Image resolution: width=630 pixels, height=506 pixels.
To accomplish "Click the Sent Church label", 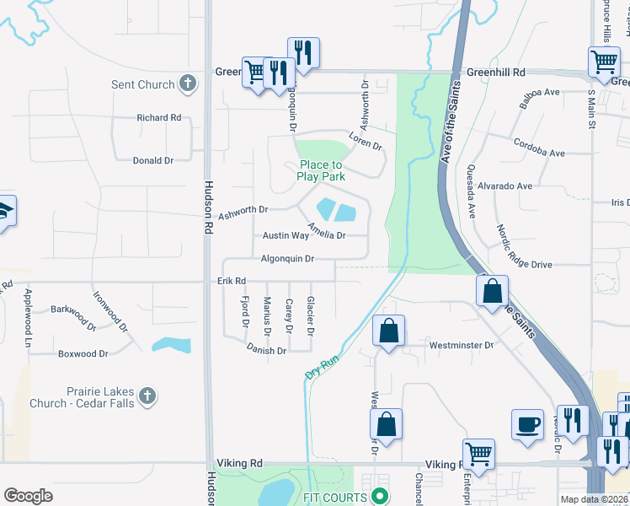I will click(x=143, y=84).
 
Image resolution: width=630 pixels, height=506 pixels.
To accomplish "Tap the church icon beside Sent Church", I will click(x=188, y=84).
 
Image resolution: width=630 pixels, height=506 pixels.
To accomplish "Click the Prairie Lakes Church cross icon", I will click(x=147, y=396).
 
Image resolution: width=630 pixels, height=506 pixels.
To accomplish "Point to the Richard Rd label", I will click(x=159, y=118).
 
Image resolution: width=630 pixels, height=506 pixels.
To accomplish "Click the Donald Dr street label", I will click(x=152, y=160).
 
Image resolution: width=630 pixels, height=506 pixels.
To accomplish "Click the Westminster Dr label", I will click(x=461, y=345).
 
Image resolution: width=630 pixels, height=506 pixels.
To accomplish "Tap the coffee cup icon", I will click(x=528, y=424).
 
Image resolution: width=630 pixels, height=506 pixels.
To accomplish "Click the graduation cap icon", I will click(x=6, y=212).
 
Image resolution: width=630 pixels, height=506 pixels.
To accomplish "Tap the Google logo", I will click(x=28, y=496).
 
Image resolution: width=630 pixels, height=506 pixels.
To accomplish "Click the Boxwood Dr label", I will click(x=83, y=354).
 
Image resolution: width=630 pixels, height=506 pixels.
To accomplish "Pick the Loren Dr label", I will click(x=366, y=141).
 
